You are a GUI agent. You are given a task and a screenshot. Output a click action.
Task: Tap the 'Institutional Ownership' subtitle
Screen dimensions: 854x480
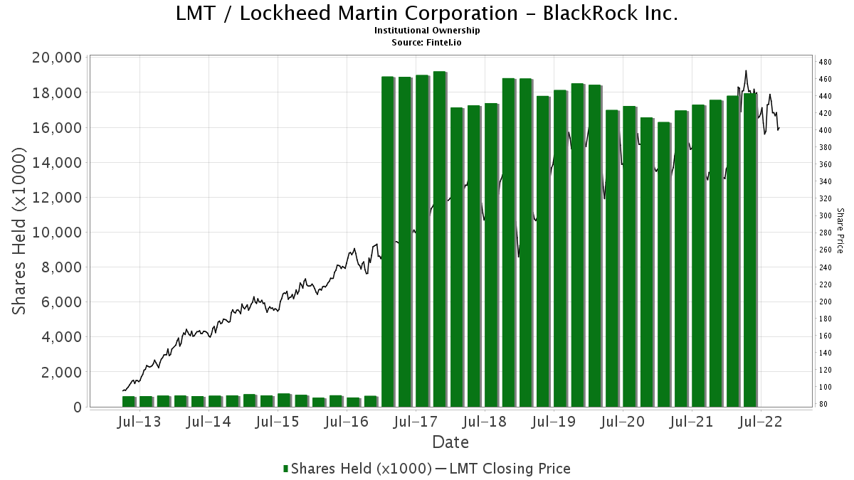point(427,31)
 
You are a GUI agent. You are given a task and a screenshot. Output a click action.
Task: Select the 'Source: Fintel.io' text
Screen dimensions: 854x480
point(426,42)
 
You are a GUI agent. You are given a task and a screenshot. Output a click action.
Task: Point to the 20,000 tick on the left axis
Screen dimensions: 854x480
point(57,58)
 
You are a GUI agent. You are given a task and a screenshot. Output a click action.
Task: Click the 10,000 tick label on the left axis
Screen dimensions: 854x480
point(57,232)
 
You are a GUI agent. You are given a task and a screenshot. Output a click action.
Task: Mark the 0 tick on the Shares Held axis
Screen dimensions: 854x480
point(78,407)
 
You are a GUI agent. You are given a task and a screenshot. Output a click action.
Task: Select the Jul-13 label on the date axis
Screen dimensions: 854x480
point(139,422)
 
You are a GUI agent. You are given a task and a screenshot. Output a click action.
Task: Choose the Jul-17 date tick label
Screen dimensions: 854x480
point(416,422)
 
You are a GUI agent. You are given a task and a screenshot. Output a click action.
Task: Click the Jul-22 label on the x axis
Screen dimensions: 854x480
point(761,422)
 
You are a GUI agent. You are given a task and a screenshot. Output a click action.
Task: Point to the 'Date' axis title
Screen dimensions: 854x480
point(450,442)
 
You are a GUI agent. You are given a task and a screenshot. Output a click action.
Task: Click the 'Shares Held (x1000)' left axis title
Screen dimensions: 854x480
point(19,231)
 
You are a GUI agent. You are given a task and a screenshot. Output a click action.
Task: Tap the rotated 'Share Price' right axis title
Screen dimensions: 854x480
point(840,231)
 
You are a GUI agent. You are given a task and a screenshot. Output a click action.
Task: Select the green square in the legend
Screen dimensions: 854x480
point(285,469)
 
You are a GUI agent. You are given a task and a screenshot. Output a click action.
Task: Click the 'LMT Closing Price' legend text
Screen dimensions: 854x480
point(510,469)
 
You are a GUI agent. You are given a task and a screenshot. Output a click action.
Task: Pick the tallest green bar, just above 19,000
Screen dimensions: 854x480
point(439,239)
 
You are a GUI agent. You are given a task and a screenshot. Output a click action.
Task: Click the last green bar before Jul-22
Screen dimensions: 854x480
point(750,250)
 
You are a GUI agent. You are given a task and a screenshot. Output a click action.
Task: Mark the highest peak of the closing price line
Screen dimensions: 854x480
point(746,71)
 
